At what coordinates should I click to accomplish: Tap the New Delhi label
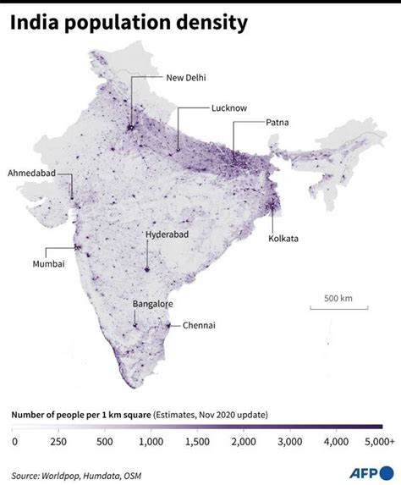coord(186,78)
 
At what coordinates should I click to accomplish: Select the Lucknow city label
coord(229,109)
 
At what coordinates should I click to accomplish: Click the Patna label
coord(277,123)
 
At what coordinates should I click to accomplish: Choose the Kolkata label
coord(283,239)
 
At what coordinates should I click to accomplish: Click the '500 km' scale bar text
coord(337,298)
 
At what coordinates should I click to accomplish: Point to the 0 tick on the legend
coord(14,441)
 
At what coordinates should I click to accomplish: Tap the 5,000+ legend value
coord(380,441)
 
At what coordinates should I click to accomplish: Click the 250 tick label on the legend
coord(58,441)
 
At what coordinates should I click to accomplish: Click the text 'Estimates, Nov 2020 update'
coord(211,415)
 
